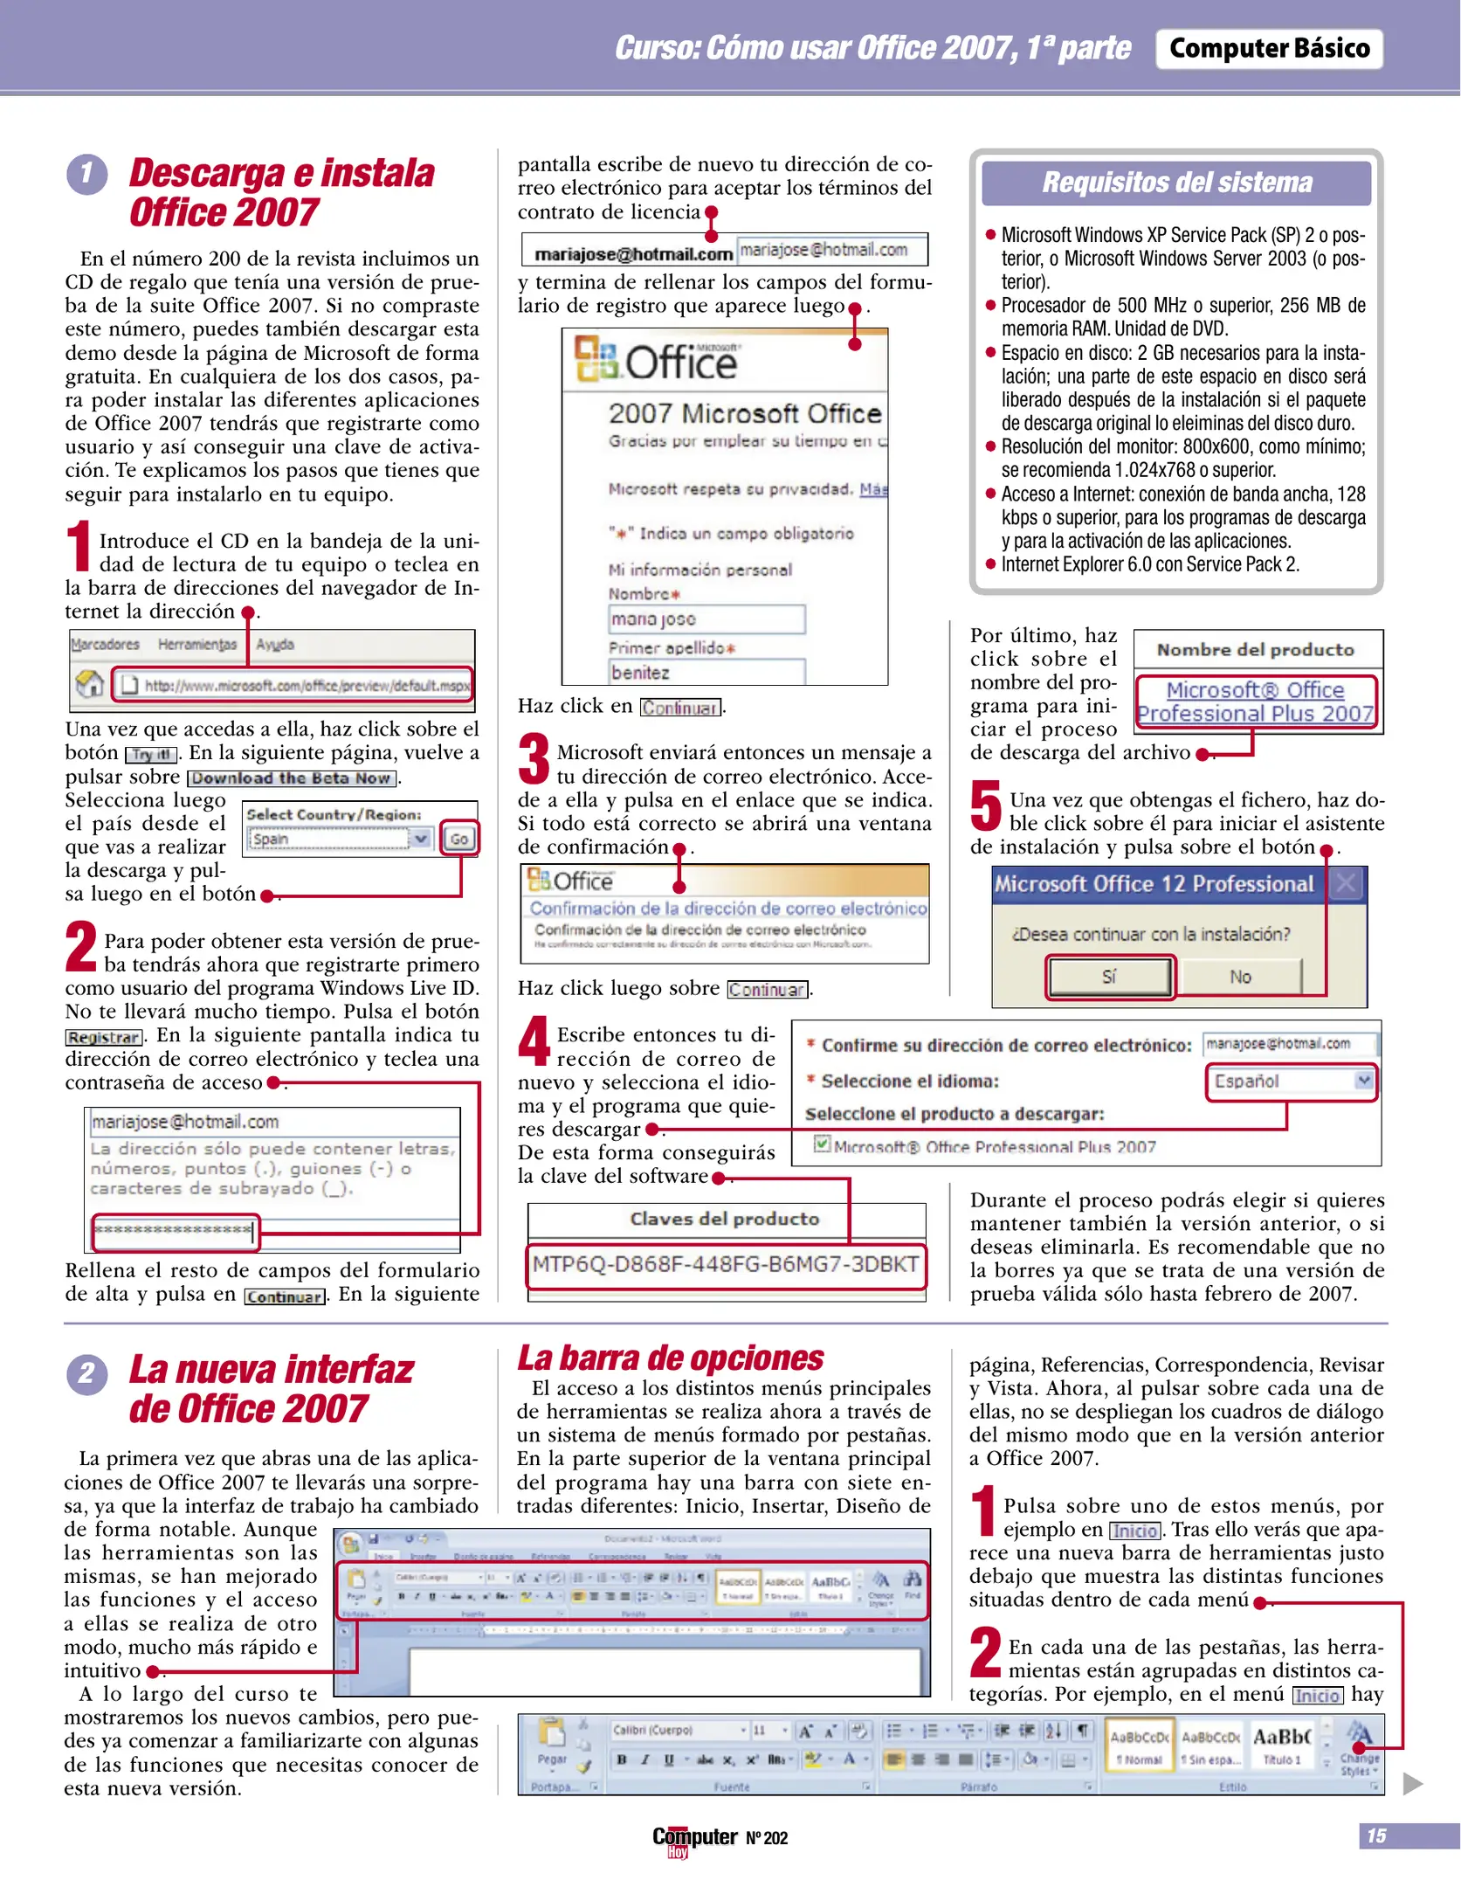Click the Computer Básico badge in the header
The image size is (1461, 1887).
click(x=1268, y=49)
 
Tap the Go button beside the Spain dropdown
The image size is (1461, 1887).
click(x=458, y=839)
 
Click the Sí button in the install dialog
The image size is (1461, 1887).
click(x=1109, y=977)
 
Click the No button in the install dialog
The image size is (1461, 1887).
click(x=1239, y=977)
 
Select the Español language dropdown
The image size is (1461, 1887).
click(x=1290, y=1082)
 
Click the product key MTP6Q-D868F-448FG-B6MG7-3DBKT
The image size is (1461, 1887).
click(x=725, y=1265)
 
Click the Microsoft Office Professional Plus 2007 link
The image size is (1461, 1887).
click(x=1255, y=702)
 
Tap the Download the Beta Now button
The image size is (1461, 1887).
click(x=292, y=778)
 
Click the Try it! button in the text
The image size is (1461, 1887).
click(x=151, y=755)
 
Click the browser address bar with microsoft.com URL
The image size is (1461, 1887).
click(x=293, y=686)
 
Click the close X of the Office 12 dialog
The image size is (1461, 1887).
click(x=1346, y=884)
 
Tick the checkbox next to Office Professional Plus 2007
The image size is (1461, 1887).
click(x=822, y=1144)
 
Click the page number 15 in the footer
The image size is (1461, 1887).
click(x=1376, y=1836)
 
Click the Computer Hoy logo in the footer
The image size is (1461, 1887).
click(x=694, y=1839)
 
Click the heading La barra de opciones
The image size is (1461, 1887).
click(x=670, y=1358)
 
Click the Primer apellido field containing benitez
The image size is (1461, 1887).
click(x=706, y=673)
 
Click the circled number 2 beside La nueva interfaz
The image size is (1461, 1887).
click(x=86, y=1375)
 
